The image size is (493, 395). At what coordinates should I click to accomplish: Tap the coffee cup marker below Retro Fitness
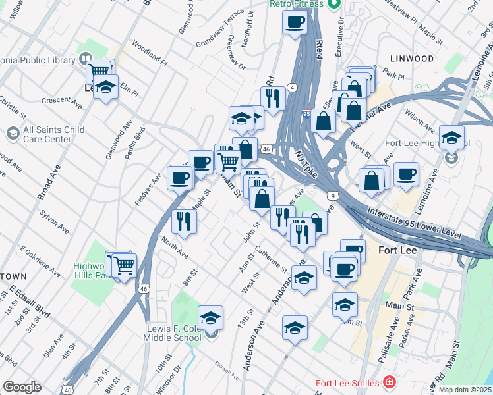point(295,22)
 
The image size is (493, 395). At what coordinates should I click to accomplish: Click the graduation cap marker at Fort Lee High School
point(451,138)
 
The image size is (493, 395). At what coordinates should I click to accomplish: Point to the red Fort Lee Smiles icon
point(390,382)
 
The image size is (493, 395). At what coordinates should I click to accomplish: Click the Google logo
point(22,386)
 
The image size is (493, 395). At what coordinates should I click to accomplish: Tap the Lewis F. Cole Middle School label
point(172,333)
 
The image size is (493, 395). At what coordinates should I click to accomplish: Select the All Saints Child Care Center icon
point(13,134)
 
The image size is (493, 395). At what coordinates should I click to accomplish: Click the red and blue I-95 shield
point(306,115)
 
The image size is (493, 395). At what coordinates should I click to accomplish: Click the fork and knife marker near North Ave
point(184,221)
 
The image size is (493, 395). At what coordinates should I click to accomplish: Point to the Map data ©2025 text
point(465,390)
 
